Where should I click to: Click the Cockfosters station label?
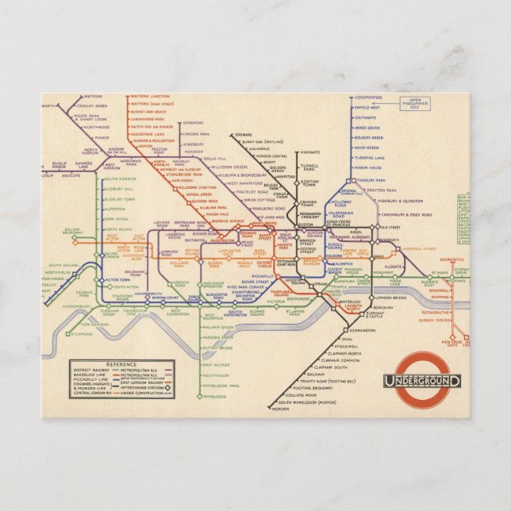point(370,98)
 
